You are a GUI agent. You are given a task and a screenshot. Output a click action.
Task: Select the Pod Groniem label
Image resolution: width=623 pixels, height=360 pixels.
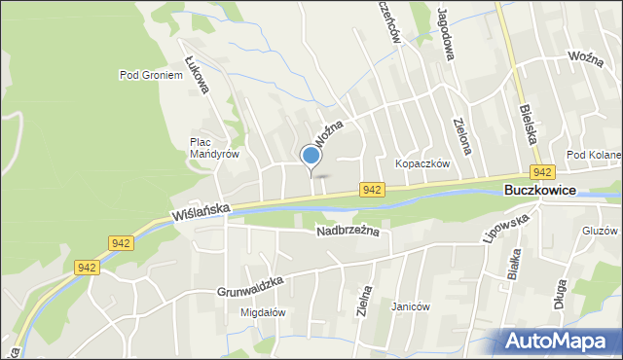click(x=151, y=74)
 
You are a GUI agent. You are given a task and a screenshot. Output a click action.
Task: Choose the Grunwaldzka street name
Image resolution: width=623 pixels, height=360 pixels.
click(x=250, y=285)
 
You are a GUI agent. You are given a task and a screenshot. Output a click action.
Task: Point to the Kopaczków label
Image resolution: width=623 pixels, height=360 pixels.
click(x=421, y=164)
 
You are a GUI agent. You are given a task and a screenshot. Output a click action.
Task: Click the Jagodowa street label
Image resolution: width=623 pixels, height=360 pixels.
click(x=447, y=36)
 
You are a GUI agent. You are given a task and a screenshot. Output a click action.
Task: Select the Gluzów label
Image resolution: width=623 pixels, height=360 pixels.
click(x=599, y=232)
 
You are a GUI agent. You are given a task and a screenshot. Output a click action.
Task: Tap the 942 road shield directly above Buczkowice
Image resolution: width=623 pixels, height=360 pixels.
click(x=543, y=172)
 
